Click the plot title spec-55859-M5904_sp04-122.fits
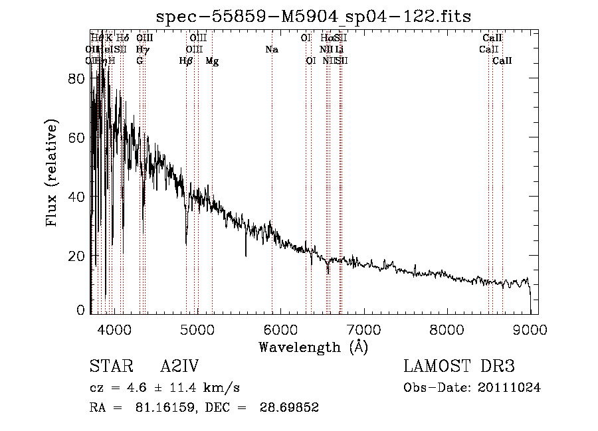314,16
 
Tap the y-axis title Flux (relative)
52,173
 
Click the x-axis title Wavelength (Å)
313,347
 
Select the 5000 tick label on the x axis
197,329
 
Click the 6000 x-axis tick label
280,329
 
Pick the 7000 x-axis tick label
363,329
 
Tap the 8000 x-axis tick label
447,329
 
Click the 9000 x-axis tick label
530,329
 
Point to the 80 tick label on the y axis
77,78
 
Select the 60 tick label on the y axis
77,137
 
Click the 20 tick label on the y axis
77,256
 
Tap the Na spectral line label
272,49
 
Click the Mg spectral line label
212,61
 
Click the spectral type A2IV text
179,367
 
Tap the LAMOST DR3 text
458,367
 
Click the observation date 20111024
510,387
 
